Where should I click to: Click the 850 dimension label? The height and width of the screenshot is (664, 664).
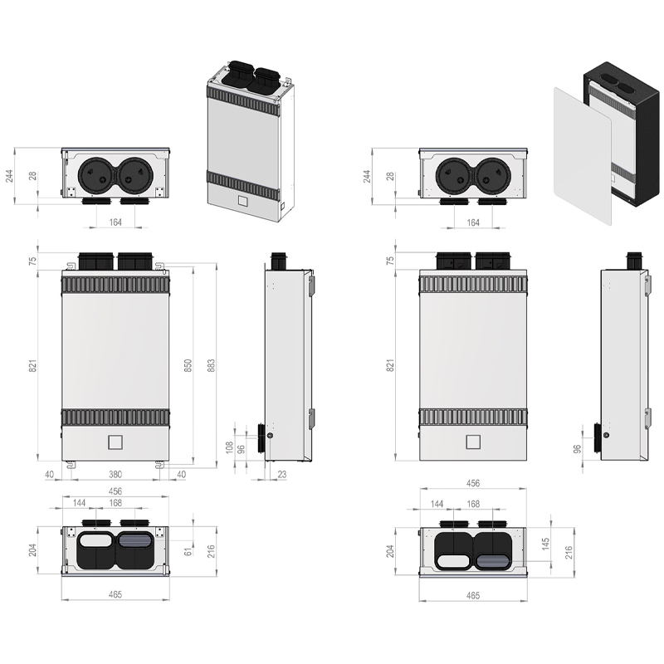(x=188, y=365)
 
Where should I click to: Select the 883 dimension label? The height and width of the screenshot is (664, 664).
(x=211, y=365)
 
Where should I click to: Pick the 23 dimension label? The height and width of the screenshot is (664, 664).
(x=282, y=474)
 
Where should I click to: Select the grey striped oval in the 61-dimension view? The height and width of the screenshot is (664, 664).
(x=135, y=540)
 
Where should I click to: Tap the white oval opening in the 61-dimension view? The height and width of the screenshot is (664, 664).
(x=95, y=540)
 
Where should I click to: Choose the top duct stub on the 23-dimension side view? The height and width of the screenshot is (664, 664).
(x=281, y=260)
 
